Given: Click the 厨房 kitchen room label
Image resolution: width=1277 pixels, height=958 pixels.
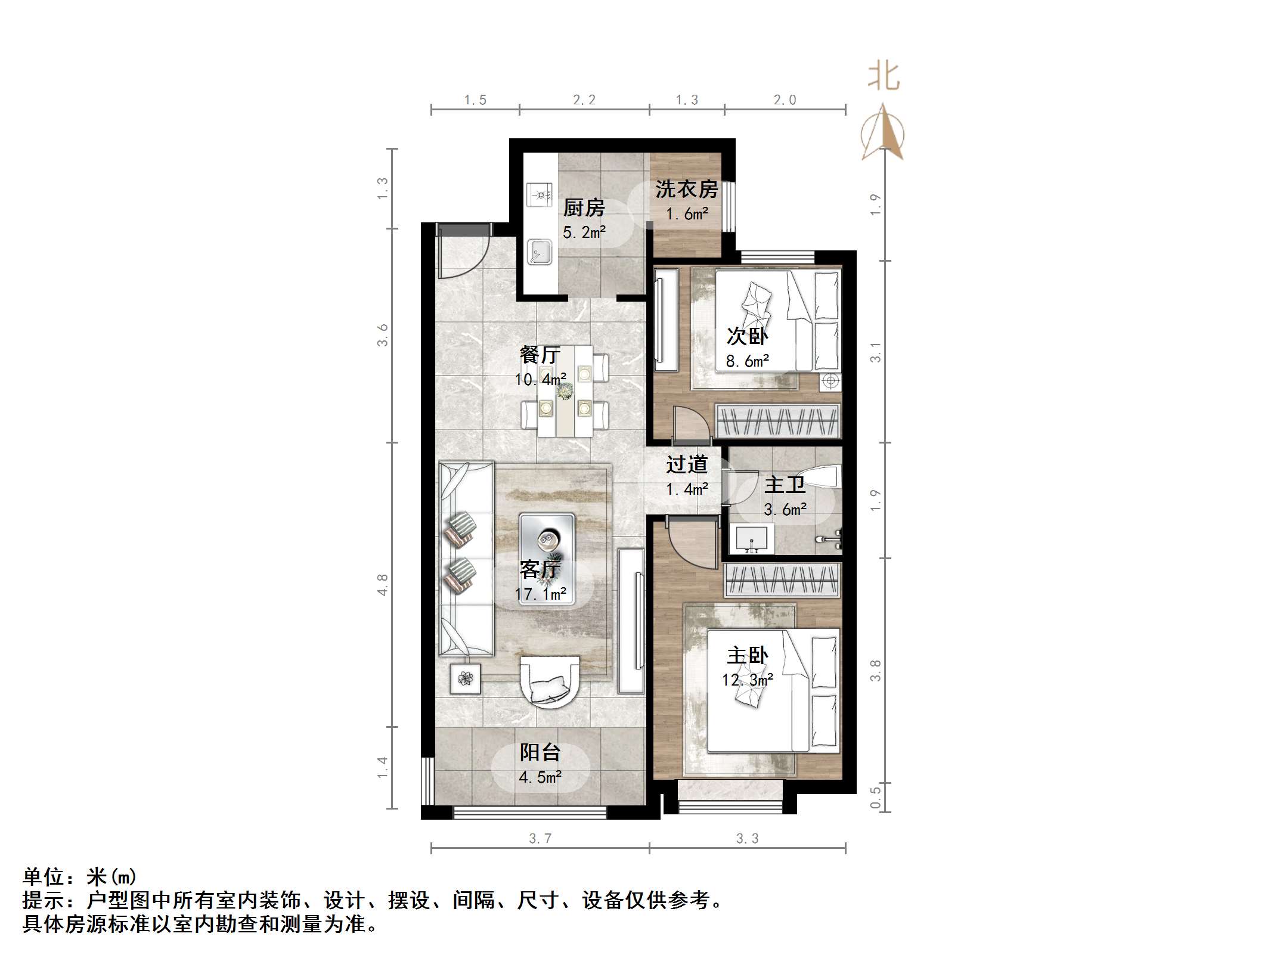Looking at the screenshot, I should click(x=584, y=208).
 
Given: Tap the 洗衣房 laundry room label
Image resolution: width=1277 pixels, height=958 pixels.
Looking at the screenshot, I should click(x=686, y=190).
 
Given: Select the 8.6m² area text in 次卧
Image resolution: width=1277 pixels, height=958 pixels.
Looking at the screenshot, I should click(x=747, y=361).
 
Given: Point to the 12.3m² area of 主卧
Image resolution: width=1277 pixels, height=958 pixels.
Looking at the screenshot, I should click(x=748, y=680).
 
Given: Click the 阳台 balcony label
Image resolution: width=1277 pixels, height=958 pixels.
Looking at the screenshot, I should click(x=540, y=752).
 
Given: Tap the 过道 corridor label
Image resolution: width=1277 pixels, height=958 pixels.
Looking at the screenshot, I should click(x=687, y=464).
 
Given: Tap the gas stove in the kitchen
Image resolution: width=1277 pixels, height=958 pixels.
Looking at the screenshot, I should click(x=540, y=194).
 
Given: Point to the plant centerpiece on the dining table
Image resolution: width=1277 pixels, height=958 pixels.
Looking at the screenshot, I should click(x=564, y=391).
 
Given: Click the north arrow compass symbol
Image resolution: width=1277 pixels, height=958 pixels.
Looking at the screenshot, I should click(x=883, y=132).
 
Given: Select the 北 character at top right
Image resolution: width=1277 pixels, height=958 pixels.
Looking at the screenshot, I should click(x=884, y=77).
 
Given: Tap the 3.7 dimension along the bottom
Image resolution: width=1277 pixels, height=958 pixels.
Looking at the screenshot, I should click(x=540, y=839).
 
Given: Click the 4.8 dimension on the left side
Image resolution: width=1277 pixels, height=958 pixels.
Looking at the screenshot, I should click(x=382, y=584).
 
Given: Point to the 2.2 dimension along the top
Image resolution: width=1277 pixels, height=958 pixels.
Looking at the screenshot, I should click(x=584, y=100).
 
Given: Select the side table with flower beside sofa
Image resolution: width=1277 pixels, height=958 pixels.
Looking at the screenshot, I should click(x=466, y=678).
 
